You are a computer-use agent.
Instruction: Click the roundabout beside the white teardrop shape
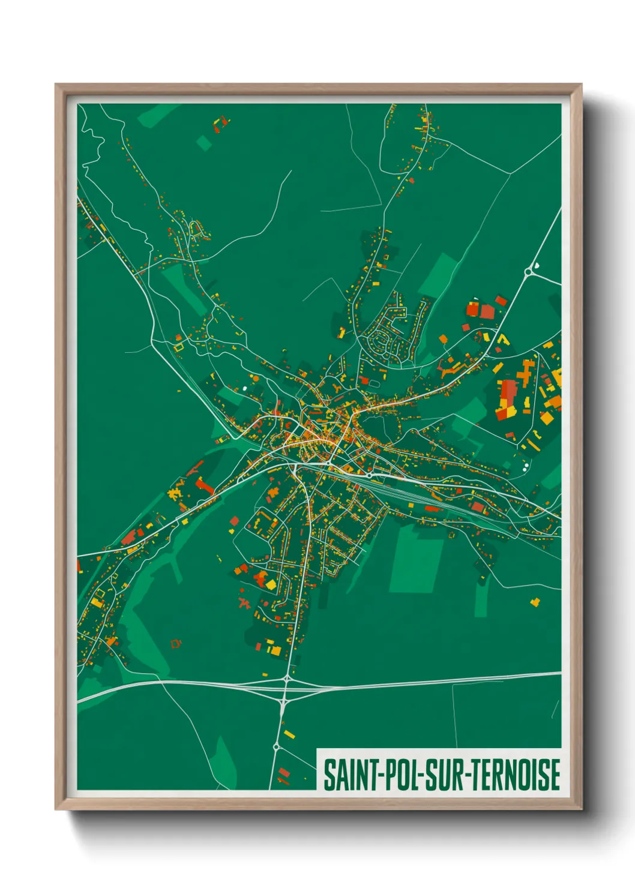528,272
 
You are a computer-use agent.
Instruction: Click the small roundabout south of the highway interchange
276,747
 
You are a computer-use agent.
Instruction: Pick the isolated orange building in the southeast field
535,601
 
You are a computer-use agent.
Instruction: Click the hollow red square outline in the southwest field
175,644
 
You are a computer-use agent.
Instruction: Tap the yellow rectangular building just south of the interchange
289,734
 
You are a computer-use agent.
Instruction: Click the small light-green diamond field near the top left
204,142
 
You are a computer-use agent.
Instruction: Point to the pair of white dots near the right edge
526,465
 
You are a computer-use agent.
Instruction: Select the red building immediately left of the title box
283,772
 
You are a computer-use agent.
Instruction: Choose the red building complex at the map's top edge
221,124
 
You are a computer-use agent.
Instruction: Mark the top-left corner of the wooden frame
56,85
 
